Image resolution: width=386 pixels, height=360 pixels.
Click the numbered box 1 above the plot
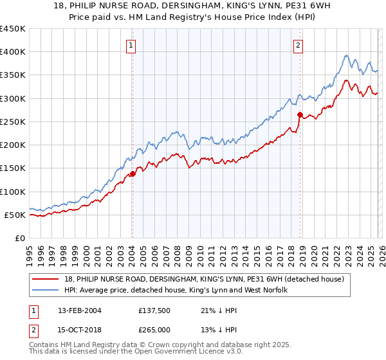pos(131,45)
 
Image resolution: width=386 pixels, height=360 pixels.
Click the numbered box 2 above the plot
pos(299,45)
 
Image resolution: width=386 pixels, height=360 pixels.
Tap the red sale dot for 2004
pos(133,174)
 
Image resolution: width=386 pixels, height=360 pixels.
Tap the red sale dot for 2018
pos(300,115)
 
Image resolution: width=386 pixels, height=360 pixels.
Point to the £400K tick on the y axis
pos(13,52)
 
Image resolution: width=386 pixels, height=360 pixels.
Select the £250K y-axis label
pos(13,122)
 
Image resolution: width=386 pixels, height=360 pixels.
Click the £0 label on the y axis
pos(19,238)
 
